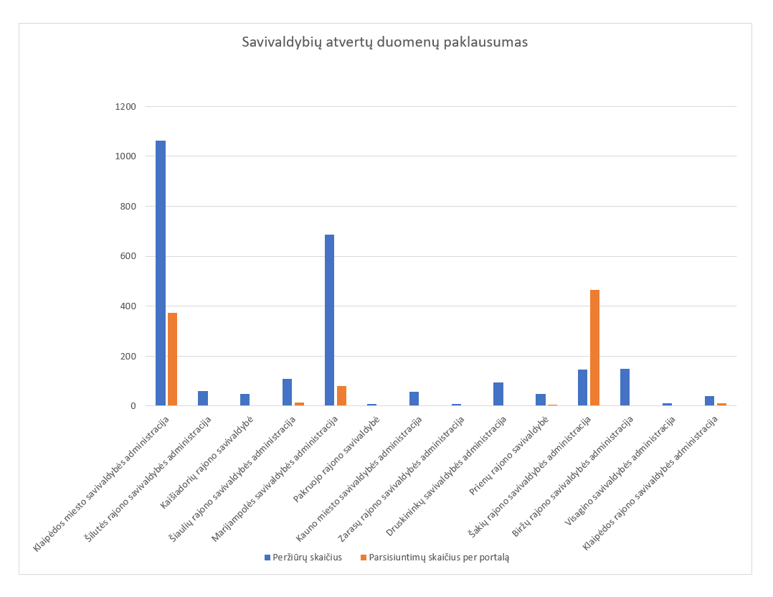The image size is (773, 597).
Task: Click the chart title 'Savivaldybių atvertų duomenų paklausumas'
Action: point(384,42)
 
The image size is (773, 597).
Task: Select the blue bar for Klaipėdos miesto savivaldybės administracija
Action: point(161,273)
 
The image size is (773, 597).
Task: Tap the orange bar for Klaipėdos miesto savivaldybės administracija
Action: point(172,359)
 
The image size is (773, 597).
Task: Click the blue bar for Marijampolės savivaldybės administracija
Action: point(329,320)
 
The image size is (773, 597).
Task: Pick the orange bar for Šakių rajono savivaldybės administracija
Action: point(594,348)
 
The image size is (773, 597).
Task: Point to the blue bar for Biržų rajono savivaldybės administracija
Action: point(625,387)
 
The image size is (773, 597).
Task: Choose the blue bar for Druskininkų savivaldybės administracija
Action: point(498,394)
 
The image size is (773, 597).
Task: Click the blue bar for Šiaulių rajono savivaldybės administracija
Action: point(287,392)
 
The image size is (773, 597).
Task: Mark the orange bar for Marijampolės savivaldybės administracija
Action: point(341,396)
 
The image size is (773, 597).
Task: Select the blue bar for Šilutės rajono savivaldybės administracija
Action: point(203,398)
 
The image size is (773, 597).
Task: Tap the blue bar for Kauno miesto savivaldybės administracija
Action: point(414,399)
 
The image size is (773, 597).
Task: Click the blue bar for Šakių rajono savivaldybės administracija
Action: point(582,387)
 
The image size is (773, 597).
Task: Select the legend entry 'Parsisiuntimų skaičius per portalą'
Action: point(438,557)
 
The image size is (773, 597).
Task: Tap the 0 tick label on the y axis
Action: point(133,406)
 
